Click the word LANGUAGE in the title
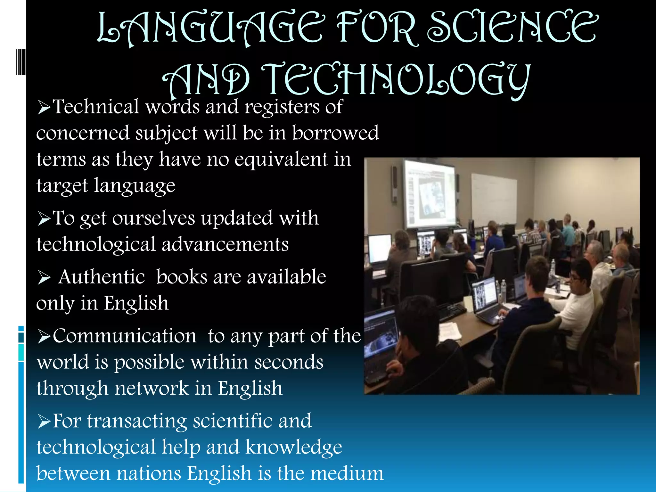(x=210, y=28)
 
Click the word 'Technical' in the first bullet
(x=96, y=107)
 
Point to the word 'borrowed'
(x=335, y=133)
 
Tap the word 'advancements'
(x=225, y=245)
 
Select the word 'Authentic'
(x=102, y=277)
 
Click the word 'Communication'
(x=124, y=336)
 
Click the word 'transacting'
(x=137, y=421)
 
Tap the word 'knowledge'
(x=294, y=447)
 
